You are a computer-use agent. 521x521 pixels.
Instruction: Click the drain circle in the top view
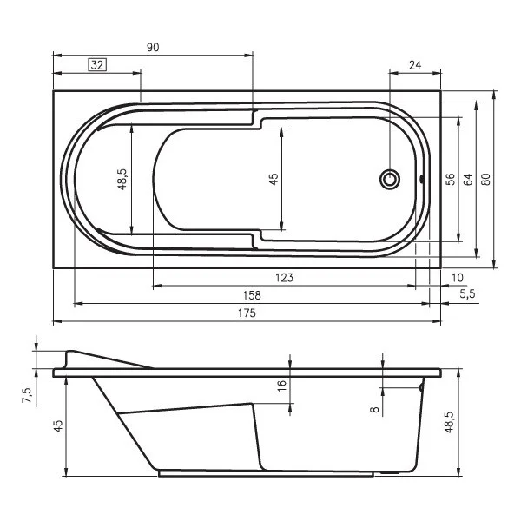click(390, 180)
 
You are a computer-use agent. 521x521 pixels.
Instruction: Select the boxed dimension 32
click(97, 65)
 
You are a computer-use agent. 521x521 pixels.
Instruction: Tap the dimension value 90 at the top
click(153, 48)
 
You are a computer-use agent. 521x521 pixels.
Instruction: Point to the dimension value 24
click(415, 65)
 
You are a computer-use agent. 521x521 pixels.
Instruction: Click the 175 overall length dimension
click(247, 313)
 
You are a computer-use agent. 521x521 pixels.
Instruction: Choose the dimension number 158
click(252, 295)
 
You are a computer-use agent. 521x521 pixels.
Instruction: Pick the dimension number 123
click(285, 278)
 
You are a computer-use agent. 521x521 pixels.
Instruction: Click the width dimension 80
click(485, 180)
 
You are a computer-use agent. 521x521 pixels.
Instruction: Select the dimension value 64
click(468, 180)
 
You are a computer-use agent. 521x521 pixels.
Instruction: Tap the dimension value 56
click(450, 180)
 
